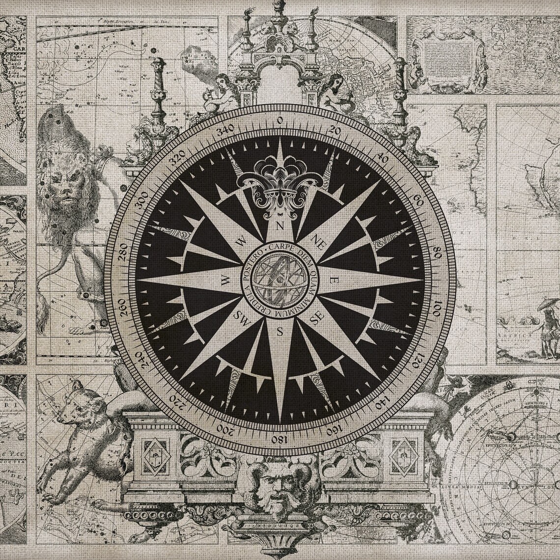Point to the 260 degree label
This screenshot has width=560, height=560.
click(122, 306)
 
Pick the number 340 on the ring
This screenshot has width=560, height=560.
click(226, 130)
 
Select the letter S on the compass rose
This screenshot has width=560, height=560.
click(280, 331)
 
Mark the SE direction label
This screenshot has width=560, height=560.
click(316, 318)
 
